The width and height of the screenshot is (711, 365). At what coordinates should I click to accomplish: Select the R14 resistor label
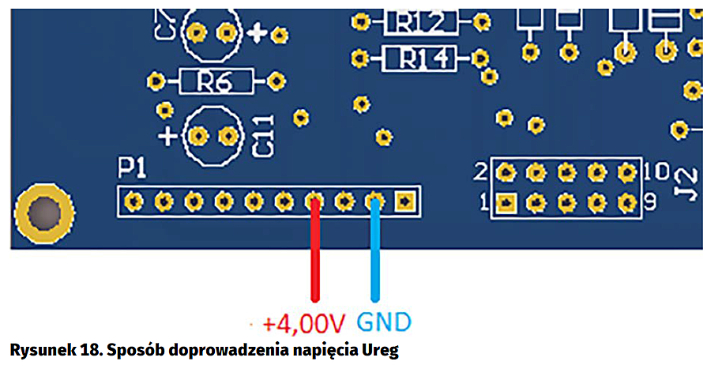(420, 58)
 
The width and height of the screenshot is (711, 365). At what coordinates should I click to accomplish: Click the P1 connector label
(131, 167)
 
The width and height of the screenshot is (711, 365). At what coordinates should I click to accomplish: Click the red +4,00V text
(304, 323)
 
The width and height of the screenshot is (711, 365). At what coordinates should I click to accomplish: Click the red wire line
(315, 253)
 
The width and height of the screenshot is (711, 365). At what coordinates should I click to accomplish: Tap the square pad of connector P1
(405, 202)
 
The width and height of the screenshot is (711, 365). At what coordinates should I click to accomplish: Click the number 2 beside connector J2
(481, 171)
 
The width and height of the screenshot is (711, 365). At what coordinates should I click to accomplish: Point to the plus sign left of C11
(167, 135)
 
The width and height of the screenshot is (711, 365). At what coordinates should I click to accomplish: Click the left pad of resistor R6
(156, 81)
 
